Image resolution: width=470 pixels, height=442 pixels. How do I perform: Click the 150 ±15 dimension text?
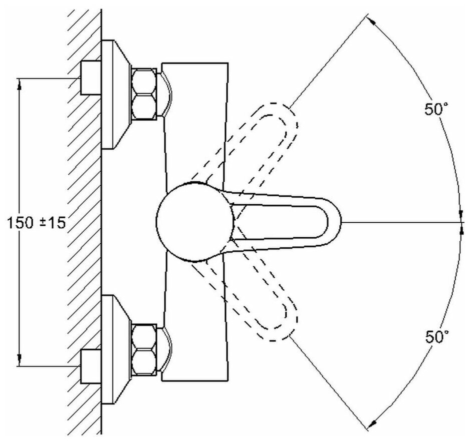pyautogui.click(x=36, y=223)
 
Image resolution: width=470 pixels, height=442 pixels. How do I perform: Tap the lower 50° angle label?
pyautogui.click(x=435, y=337)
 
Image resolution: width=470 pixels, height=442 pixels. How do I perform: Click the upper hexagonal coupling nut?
pyautogui.click(x=145, y=94)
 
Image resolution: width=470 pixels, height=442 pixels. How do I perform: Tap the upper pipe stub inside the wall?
pyautogui.click(x=91, y=78)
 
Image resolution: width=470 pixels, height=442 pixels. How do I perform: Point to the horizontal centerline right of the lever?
pyautogui.click(x=400, y=221)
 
